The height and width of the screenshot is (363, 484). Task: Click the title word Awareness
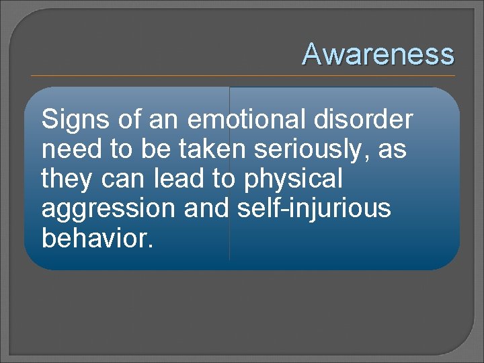coord(378,54)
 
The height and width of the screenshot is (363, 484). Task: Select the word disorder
coord(371,120)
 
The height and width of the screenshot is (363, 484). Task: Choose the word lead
coord(184,179)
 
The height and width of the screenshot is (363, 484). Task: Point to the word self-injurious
coord(314,209)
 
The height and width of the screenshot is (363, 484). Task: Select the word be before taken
coord(151,149)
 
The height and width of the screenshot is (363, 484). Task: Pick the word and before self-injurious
coord(209,209)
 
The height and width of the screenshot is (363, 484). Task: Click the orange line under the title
coord(242,75)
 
